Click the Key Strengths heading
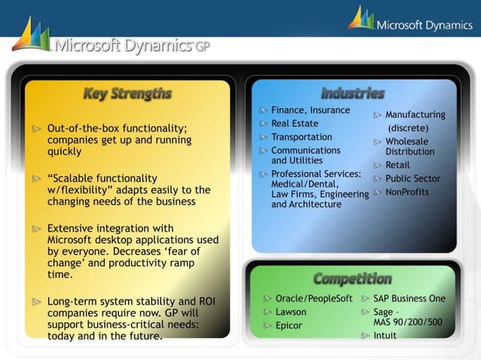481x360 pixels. click(127, 94)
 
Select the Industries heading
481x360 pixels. click(353, 93)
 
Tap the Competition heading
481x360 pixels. click(353, 279)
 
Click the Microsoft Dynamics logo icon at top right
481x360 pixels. click(361, 19)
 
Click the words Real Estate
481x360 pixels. click(295, 124)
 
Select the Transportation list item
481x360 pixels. click(302, 137)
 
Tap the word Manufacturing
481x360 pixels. click(415, 115)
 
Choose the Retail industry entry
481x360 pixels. click(398, 165)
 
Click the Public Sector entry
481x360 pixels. click(413, 178)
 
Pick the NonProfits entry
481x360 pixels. click(407, 192)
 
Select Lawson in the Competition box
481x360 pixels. click(291, 312)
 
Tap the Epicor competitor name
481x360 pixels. click(289, 325)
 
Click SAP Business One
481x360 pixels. click(409, 298)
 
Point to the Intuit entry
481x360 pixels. click(385, 336)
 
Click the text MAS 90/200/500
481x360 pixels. click(408, 322)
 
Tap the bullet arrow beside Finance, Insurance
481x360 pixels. click(264, 111)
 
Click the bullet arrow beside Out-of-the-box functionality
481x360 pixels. click(36, 129)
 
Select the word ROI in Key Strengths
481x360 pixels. click(206, 301)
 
